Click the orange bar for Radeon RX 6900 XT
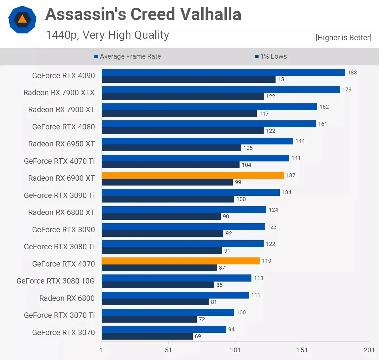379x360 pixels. [x=193, y=175]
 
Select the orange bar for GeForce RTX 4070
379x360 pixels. [x=181, y=261]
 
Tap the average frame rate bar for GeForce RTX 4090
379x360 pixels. [x=223, y=73]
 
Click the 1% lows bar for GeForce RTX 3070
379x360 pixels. [x=147, y=336]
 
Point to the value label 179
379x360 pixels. [x=347, y=90]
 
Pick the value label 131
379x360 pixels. [x=282, y=79]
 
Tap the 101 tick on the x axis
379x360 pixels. [x=235, y=350]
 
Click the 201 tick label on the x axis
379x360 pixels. [x=369, y=350]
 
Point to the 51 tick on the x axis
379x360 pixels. [x=168, y=350]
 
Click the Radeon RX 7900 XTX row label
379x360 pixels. [x=59, y=93]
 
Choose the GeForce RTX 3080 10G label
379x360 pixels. [x=56, y=281]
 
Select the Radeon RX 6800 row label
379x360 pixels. [x=67, y=298]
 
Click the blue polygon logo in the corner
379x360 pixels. [x=22, y=20]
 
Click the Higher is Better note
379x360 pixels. [x=343, y=37]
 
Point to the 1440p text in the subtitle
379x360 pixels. [x=62, y=35]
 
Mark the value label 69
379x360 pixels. [x=198, y=336]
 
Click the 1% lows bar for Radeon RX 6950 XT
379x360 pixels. [x=171, y=148]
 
